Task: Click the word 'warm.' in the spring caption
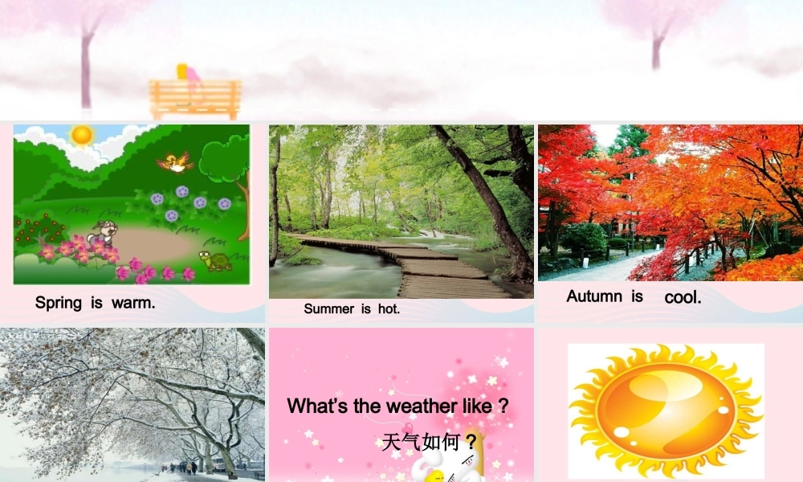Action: [x=133, y=303]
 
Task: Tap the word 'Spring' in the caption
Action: [x=59, y=303]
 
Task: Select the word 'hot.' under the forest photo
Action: [x=388, y=308]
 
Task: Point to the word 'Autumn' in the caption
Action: [x=594, y=296]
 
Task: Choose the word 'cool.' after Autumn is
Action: [x=683, y=297]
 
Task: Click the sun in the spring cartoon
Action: [x=81, y=135]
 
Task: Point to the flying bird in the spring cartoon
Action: [x=175, y=162]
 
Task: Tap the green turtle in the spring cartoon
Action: [x=215, y=260]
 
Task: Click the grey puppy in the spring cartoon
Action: [x=102, y=233]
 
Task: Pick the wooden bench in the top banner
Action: [x=195, y=99]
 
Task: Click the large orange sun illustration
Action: [x=666, y=411]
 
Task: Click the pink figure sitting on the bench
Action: [x=191, y=74]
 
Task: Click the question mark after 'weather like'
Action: [x=503, y=406]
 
